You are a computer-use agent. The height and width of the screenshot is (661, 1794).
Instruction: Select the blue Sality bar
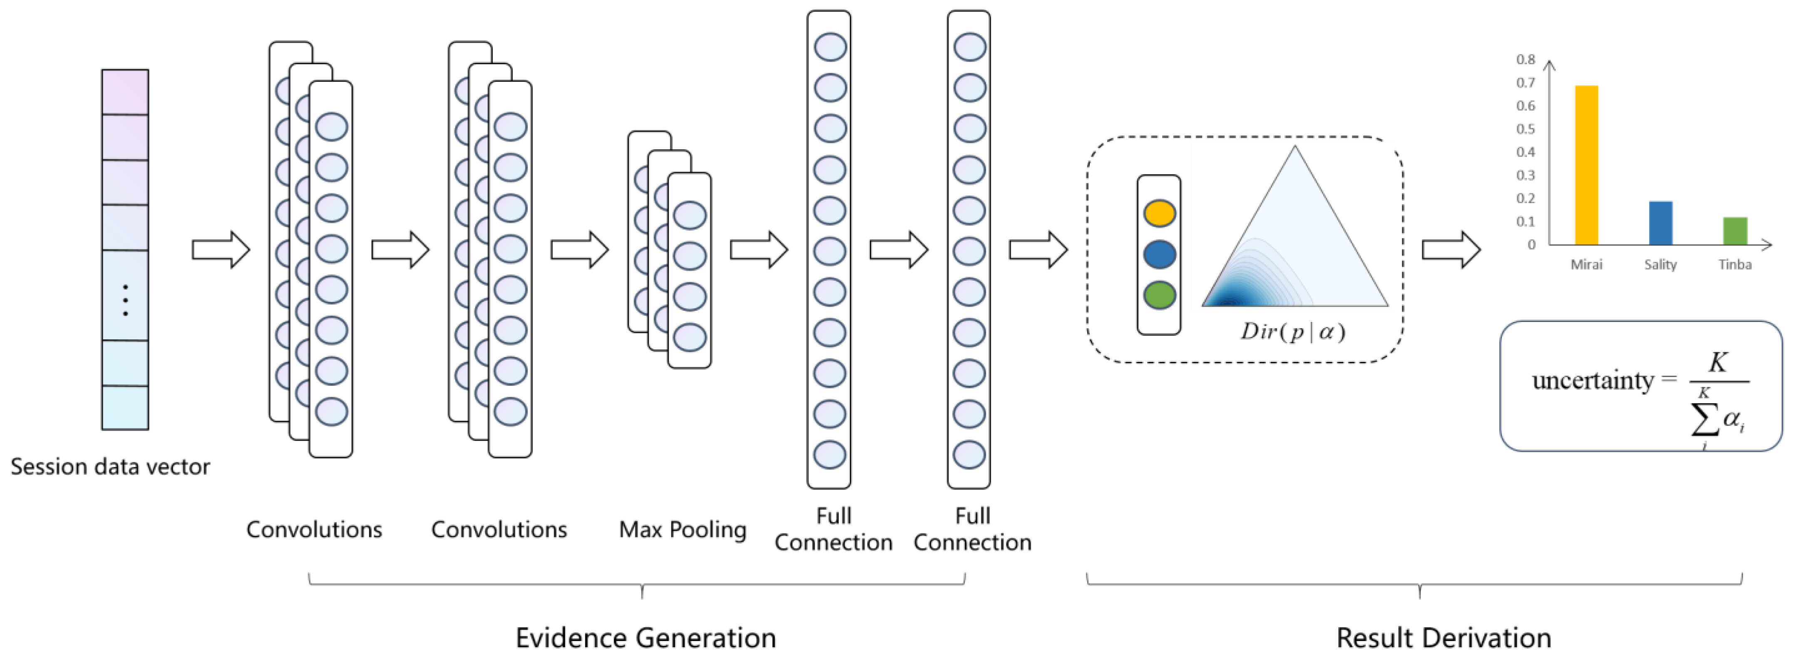[x=1660, y=223]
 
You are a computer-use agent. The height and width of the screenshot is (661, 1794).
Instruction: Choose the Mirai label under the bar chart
[x=1586, y=264]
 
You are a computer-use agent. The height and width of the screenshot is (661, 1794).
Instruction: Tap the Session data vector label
[x=110, y=466]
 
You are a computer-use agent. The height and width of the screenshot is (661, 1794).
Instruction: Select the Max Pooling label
[x=683, y=530]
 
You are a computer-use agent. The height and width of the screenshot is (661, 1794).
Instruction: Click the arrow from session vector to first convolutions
[x=221, y=249]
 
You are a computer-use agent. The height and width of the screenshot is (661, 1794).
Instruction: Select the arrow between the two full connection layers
[x=898, y=249]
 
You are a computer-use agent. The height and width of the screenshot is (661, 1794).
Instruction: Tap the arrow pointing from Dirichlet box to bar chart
[x=1451, y=249]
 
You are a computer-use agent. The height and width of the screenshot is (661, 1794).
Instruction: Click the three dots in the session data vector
[x=125, y=300]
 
